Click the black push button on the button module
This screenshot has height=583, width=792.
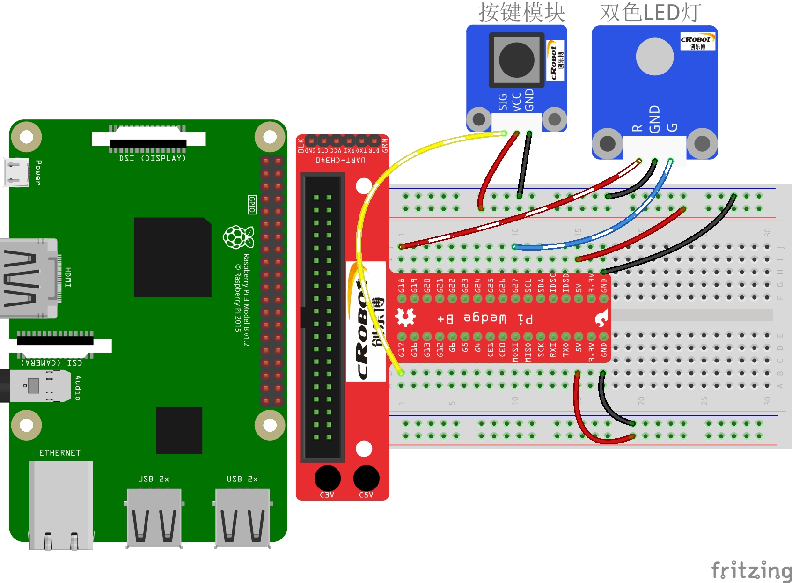517,60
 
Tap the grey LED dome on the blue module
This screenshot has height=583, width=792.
654,56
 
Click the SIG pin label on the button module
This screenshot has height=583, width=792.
503,102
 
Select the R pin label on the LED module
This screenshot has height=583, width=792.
637,128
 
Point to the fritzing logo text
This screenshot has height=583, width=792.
751,570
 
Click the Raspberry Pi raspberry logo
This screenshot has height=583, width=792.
238,237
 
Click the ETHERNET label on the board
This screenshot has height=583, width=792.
60,453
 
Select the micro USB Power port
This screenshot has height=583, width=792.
16,172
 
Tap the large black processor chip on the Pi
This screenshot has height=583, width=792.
172,257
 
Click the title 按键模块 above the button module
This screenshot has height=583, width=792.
521,12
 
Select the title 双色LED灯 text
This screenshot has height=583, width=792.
650,13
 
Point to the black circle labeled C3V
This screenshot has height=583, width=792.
328,479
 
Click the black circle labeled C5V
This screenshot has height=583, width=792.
366,479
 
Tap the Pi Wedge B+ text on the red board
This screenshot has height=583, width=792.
485,318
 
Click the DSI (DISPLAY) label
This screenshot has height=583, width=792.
153,158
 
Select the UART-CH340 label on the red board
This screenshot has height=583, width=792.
340,160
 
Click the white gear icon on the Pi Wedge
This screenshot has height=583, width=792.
405,317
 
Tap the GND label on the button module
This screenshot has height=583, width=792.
529,100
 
